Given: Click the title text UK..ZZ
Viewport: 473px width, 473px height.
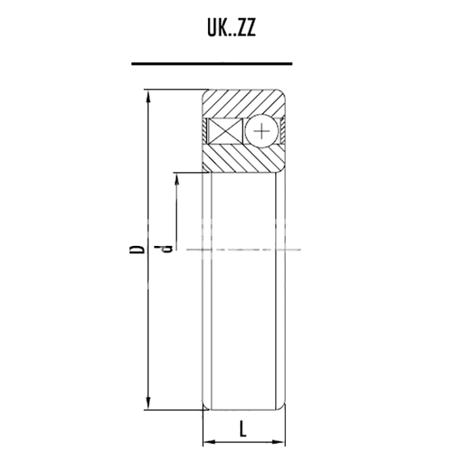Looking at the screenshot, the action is [x=231, y=28].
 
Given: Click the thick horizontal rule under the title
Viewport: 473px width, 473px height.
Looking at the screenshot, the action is [x=211, y=64].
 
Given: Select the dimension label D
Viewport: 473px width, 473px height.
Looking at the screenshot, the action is [x=136, y=249].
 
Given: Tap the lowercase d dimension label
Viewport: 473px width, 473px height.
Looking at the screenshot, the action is [x=164, y=249].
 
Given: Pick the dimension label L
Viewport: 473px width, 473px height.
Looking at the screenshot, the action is [x=243, y=429].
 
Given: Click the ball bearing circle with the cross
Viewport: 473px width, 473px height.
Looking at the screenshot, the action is [x=262, y=131].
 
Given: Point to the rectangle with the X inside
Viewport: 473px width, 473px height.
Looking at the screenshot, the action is [x=226, y=131].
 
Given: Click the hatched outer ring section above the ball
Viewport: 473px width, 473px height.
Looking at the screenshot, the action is [x=244, y=103].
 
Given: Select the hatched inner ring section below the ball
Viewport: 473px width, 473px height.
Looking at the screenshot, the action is [x=244, y=157].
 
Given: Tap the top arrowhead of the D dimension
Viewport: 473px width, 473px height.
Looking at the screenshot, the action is [x=148, y=97].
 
